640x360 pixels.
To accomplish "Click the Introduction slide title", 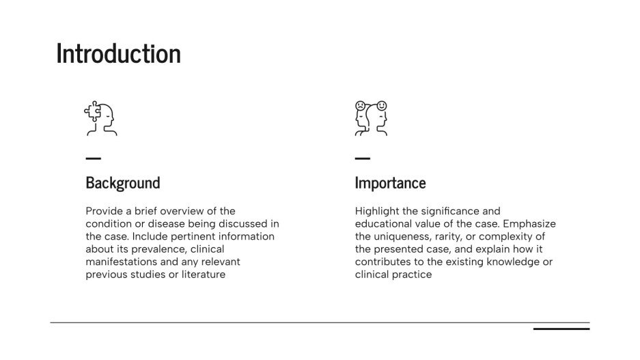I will pyautogui.click(x=118, y=53).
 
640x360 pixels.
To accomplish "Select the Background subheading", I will pyautogui.click(x=123, y=183).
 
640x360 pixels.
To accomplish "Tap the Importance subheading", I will pyautogui.click(x=390, y=183).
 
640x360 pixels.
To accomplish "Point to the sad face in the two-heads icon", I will pyautogui.click(x=360, y=106).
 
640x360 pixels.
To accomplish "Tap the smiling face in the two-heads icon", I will pyautogui.click(x=382, y=105).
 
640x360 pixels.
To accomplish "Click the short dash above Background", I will pyautogui.click(x=94, y=158).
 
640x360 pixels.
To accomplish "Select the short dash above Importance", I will pyautogui.click(x=363, y=158).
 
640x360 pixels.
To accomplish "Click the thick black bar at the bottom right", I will pyautogui.click(x=561, y=329).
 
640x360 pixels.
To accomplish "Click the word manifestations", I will pyautogui.click(x=120, y=262).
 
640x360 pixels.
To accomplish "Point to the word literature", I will pyautogui.click(x=203, y=275).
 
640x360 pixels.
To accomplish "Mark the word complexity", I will pyautogui.click(x=506, y=236).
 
